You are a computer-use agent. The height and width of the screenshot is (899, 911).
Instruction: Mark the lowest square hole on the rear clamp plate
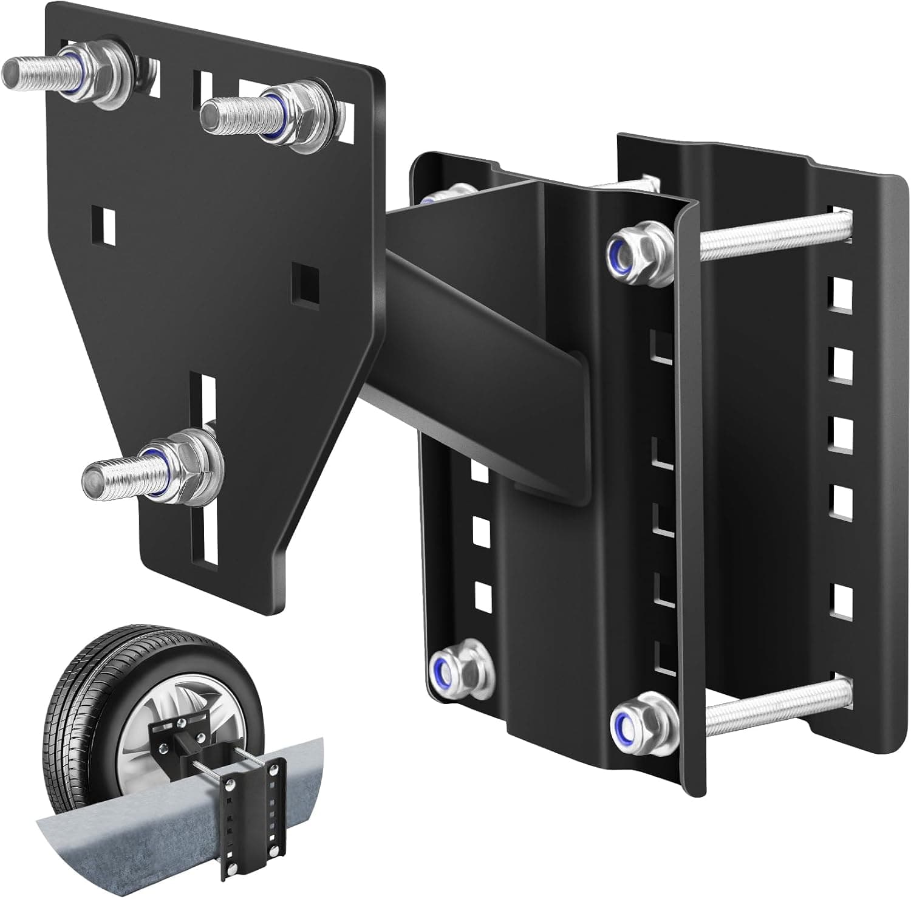coord(841,599)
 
